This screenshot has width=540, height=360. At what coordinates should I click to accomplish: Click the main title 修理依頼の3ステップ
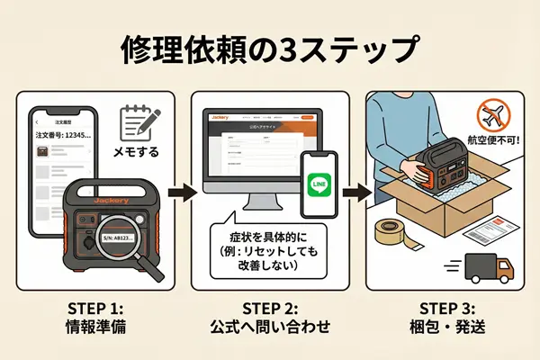point(270,49)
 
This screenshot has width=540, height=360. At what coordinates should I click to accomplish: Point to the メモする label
point(135,151)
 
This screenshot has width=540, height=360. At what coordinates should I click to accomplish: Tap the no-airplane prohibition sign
point(493,114)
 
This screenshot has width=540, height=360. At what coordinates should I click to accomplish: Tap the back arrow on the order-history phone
point(38,119)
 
